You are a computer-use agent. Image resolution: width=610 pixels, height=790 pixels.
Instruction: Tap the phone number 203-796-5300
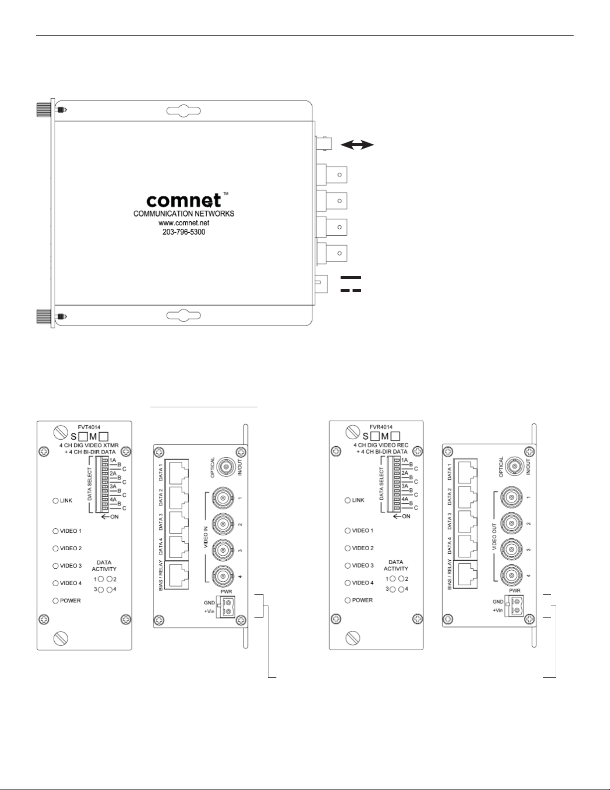tap(184, 232)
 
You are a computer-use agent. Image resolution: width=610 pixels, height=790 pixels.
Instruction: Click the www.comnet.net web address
tap(184, 223)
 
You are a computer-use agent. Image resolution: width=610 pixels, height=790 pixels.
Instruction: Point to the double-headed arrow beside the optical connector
tap(358, 145)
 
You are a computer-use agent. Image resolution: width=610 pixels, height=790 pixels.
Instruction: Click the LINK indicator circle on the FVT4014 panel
tap(56, 500)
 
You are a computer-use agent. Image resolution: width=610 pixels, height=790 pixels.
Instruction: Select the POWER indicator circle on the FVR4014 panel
tap(348, 600)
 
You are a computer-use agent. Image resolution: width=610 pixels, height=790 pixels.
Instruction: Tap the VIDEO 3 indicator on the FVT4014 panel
tap(56, 566)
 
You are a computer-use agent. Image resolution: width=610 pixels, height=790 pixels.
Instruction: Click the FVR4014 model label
tap(380, 427)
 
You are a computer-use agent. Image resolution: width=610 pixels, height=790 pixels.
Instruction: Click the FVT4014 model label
tap(89, 428)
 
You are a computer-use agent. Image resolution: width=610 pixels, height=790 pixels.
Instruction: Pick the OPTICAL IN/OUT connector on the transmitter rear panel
tap(226, 467)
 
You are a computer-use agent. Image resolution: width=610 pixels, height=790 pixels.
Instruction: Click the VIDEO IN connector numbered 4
tap(223, 576)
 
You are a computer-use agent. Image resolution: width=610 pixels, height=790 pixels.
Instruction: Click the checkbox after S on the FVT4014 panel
tap(84, 436)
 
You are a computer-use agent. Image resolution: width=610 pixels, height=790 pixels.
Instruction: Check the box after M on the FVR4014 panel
tap(395, 436)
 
